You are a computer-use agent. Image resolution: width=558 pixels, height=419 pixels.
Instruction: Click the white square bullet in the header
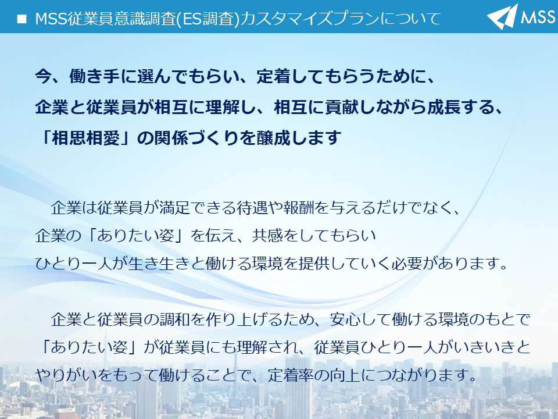click(x=22, y=19)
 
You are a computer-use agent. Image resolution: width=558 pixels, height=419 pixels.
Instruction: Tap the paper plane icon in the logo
click(x=502, y=16)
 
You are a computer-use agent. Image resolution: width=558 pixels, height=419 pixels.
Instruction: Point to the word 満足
click(x=175, y=208)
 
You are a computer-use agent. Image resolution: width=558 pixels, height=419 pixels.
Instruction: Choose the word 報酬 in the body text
click(x=299, y=208)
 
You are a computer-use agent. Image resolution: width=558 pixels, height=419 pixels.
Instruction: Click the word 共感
click(x=267, y=236)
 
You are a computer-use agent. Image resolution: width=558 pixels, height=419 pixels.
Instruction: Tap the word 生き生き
click(x=159, y=263)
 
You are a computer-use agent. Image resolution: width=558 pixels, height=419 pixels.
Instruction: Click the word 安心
click(x=345, y=319)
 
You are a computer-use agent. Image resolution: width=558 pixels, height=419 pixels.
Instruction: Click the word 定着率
click(x=291, y=375)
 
